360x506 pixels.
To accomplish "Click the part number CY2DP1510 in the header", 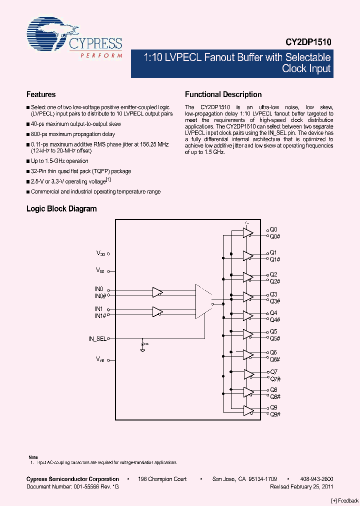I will pos(308,43).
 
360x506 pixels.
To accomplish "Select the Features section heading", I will pos(41,94).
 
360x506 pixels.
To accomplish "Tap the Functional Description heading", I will pos(223,94).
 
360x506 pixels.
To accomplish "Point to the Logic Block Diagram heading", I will pos(61,209).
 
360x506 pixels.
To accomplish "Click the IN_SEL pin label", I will pos(97,338).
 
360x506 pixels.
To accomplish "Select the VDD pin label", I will pos(101,254).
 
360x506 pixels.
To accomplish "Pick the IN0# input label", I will pos(99,295).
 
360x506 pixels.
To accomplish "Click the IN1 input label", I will pos(98,309).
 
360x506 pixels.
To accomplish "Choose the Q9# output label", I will pos(275,414).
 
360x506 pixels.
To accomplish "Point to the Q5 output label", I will pos(273,331).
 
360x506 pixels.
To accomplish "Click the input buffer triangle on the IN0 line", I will pos(158,292).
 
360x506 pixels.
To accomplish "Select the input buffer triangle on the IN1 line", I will pos(158,311).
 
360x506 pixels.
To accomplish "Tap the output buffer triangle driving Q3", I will pos(248,297).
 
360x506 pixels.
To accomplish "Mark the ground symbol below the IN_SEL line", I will pos(142,350).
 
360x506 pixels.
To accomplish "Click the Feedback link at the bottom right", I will pos(345,500).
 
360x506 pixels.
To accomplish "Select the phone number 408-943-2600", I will pos(317,479).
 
